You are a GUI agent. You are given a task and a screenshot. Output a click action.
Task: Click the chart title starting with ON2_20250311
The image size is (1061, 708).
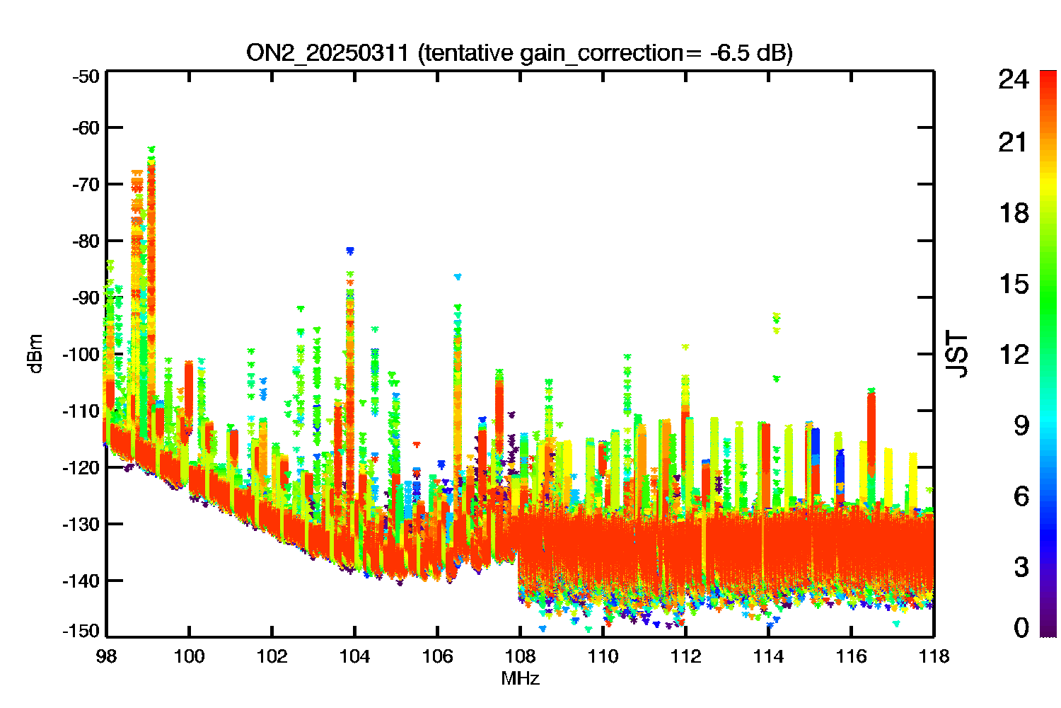tap(519, 53)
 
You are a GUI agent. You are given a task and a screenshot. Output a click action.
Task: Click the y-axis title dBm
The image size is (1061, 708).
tap(36, 354)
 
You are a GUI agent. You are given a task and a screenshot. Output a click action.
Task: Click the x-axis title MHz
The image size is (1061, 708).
tap(520, 678)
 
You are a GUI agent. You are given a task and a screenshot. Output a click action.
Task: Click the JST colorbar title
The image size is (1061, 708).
tap(956, 354)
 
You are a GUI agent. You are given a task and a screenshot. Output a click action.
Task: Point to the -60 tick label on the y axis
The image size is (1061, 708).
tap(86, 127)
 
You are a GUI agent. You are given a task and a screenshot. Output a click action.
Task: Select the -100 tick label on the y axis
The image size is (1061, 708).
tap(81, 354)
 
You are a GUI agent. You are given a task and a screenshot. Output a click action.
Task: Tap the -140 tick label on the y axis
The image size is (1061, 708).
tap(81, 581)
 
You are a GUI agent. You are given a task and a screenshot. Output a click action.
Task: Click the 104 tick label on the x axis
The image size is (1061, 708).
tap(354, 657)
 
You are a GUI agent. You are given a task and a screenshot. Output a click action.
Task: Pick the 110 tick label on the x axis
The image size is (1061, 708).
tap(603, 657)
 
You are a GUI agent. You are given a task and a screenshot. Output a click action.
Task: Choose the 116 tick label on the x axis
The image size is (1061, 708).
tap(851, 657)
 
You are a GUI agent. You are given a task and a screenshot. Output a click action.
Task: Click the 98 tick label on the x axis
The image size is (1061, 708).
tap(106, 657)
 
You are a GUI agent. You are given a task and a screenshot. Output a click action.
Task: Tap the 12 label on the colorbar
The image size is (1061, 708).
tap(1014, 355)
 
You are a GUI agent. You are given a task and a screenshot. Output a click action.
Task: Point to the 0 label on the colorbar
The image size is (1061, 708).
tap(1021, 627)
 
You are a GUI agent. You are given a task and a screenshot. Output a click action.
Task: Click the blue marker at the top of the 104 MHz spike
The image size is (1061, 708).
tap(350, 251)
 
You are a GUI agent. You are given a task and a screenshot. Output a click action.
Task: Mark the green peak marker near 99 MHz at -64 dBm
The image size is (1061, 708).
tap(151, 149)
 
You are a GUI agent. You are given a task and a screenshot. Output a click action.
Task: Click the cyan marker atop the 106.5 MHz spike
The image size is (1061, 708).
tap(458, 276)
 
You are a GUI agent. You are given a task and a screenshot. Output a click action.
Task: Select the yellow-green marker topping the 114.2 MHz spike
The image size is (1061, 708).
tap(776, 315)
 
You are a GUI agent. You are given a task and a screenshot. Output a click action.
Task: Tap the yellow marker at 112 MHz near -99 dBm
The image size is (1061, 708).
tap(685, 347)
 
